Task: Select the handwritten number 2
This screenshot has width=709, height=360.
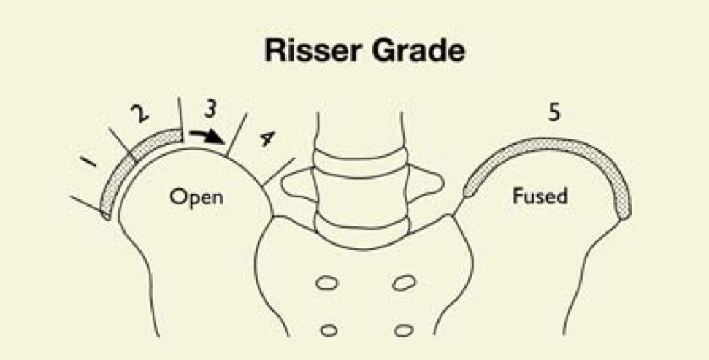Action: click(137, 113)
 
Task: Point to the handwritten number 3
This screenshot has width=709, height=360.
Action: click(210, 110)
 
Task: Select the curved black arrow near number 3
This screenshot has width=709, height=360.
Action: click(206, 135)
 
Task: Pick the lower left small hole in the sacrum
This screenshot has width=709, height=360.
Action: click(329, 329)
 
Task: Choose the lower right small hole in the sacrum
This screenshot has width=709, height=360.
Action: click(399, 329)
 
